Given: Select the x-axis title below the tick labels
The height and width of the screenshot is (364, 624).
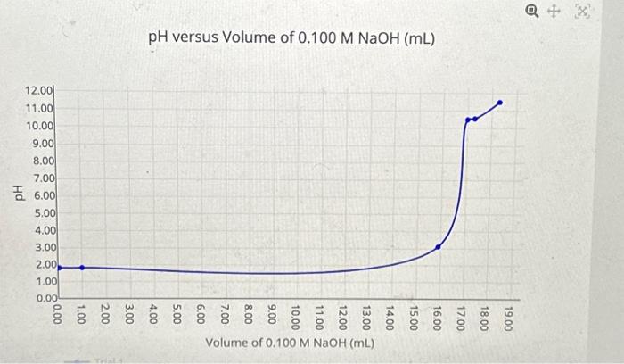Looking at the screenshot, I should click(291, 343).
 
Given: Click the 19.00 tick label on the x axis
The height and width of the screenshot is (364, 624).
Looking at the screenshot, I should click(508, 317).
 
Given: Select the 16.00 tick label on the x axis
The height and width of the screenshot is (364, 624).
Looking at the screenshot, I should click(437, 317).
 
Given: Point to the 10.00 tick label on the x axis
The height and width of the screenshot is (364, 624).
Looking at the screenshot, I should click(296, 317).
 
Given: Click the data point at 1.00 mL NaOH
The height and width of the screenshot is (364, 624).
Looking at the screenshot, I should click(82, 267).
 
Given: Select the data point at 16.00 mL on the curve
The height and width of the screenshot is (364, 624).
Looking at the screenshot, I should click(438, 247).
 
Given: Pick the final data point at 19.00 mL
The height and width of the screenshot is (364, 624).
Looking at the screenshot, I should click(500, 103).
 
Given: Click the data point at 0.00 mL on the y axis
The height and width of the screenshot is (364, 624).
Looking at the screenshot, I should click(59, 267).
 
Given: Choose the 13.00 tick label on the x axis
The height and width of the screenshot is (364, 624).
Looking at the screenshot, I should click(366, 317).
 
